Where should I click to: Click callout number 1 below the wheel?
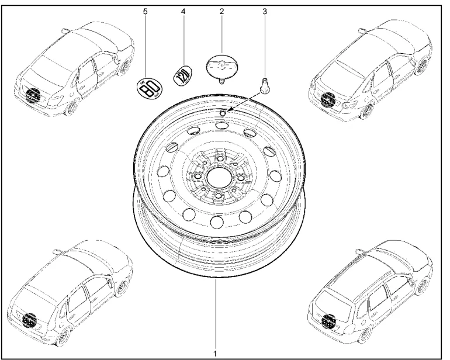coord(215,353)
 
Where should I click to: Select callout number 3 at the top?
coord(264,10)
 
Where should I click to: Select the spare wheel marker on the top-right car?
coord(328,100)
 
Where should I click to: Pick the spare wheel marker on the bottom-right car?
coord(329,320)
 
